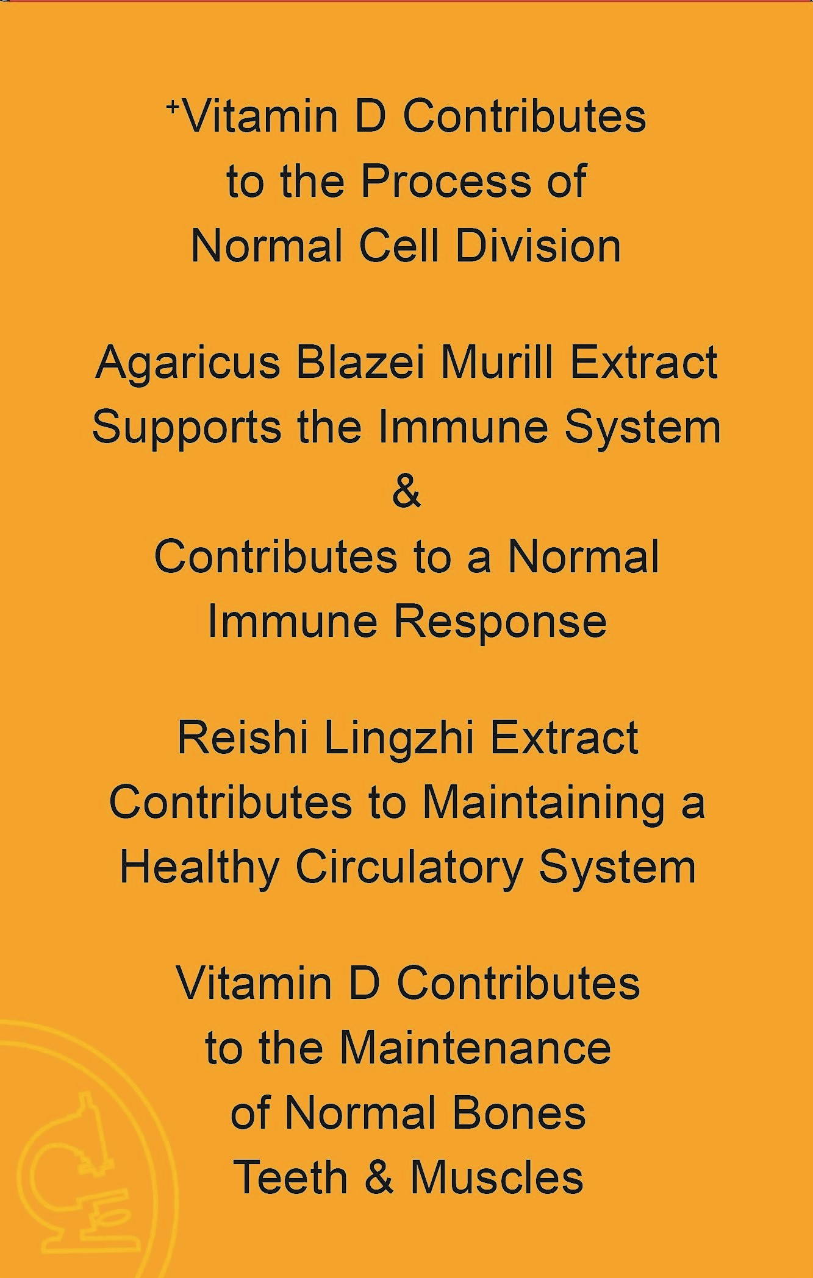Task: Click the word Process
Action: pyautogui.click(x=446, y=182)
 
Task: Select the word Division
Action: pyautogui.click(x=539, y=246)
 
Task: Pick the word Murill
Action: pyautogui.click(x=496, y=363)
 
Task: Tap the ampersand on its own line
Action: pyautogui.click(x=407, y=492)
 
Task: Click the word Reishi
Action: pyautogui.click(x=242, y=738)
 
